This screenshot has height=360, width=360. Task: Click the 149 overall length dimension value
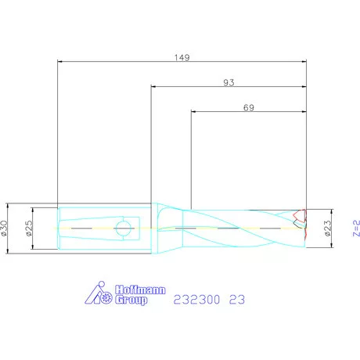click(x=182, y=57)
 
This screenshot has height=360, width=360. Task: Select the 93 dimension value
click(x=229, y=82)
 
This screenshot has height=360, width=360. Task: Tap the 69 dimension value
click(x=249, y=107)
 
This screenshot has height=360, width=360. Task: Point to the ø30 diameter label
click(x=4, y=229)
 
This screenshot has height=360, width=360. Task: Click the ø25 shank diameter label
click(x=30, y=229)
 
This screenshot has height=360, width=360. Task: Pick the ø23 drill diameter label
click(x=328, y=229)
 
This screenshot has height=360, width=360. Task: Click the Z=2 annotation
click(x=356, y=229)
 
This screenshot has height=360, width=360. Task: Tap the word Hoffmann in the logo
click(x=140, y=290)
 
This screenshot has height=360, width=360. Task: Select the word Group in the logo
click(x=131, y=300)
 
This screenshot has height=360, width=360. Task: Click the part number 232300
click(x=196, y=300)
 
